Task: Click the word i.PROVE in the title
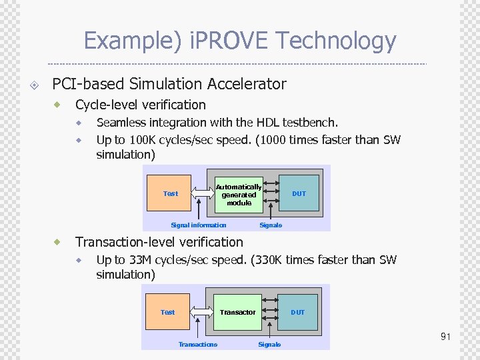(x=229, y=41)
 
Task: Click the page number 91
(x=445, y=337)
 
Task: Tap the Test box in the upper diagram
(x=171, y=193)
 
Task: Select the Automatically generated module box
(x=239, y=195)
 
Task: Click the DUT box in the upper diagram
(x=299, y=193)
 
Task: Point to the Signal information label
(x=198, y=225)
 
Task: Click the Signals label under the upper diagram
(x=270, y=225)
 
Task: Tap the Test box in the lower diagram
(x=168, y=312)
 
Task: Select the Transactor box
(x=238, y=312)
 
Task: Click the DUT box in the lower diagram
(x=298, y=312)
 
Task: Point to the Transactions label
(x=198, y=344)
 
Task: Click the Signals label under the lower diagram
(x=269, y=344)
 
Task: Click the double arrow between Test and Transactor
(x=201, y=312)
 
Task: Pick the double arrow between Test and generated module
(x=203, y=193)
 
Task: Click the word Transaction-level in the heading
(x=122, y=242)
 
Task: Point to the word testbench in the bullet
(x=310, y=123)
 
